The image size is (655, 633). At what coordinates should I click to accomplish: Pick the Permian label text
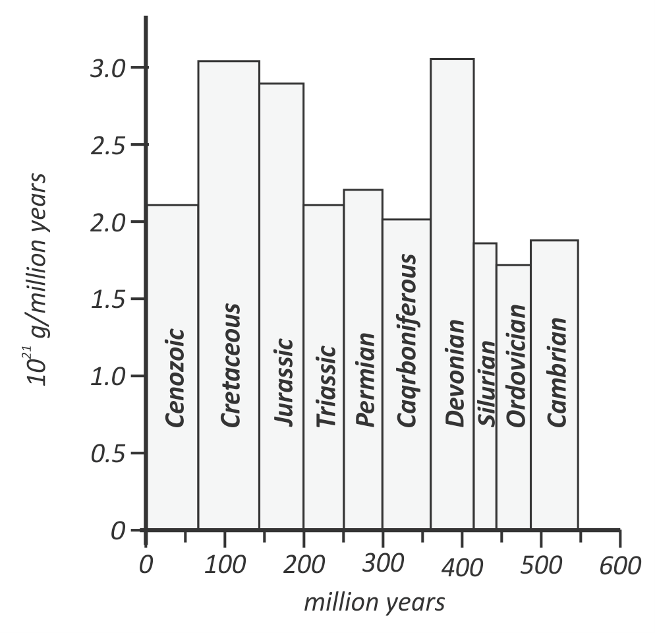tap(364, 380)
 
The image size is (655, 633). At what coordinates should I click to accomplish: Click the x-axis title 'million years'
tap(374, 602)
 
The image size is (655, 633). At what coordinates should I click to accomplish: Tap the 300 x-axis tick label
tap(382, 566)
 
